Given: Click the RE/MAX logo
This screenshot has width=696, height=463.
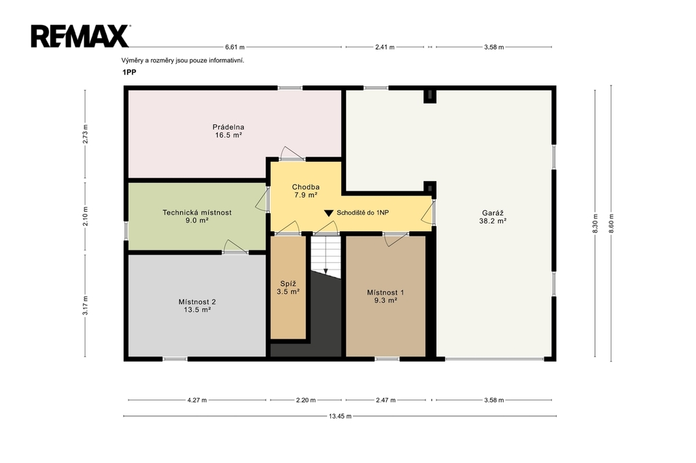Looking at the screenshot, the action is click(80, 36).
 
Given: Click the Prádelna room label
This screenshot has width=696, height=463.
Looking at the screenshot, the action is click(228, 127).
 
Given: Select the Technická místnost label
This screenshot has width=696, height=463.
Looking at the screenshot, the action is click(196, 212).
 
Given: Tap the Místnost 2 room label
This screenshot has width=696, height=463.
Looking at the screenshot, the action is click(197, 302).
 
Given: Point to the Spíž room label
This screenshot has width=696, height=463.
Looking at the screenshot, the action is click(288, 284).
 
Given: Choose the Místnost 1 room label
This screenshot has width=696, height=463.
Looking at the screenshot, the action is click(385, 293).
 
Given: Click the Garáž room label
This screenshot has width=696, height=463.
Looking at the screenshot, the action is click(493, 213).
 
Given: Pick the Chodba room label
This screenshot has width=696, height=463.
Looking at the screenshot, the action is click(305, 187).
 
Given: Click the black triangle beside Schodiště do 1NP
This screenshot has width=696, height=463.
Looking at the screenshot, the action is click(328, 213).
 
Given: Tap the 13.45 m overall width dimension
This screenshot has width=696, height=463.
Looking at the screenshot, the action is click(340, 416).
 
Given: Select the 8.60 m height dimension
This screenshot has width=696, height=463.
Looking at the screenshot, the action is click(611, 223).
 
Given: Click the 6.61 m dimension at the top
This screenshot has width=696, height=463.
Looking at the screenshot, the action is click(234, 47).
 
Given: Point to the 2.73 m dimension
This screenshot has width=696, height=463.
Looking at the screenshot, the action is click(85, 134).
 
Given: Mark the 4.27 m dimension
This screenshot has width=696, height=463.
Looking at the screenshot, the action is click(197, 400).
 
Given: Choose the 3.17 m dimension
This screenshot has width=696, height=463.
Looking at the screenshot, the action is click(85, 305).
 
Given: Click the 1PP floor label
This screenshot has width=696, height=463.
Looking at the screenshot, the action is click(129, 72).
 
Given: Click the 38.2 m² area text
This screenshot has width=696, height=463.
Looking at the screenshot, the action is click(493, 221).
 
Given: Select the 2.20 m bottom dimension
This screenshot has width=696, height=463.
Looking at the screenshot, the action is click(306, 400).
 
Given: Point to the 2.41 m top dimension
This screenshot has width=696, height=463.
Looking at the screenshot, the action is click(385, 47).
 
